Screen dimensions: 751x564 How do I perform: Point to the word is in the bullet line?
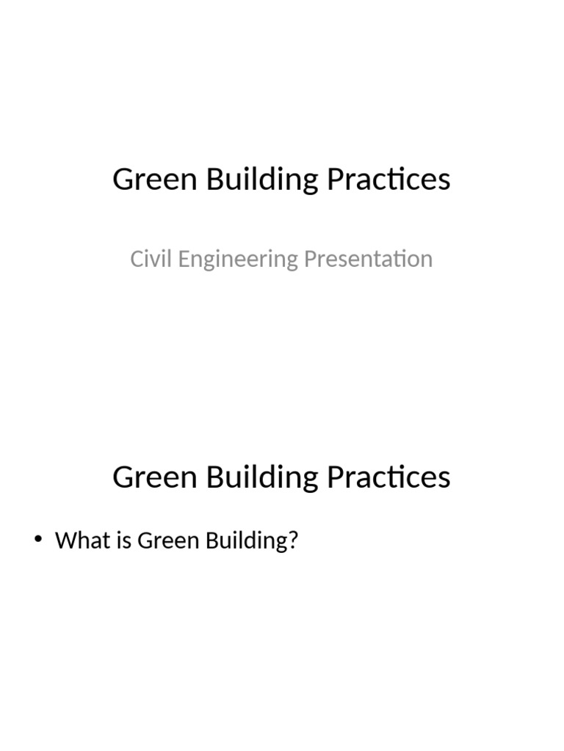[122, 541]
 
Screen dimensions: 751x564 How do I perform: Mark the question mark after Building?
[294, 541]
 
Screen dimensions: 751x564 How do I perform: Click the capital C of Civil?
[136, 259]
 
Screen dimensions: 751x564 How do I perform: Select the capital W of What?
[65, 541]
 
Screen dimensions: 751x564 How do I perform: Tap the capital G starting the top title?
[123, 180]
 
